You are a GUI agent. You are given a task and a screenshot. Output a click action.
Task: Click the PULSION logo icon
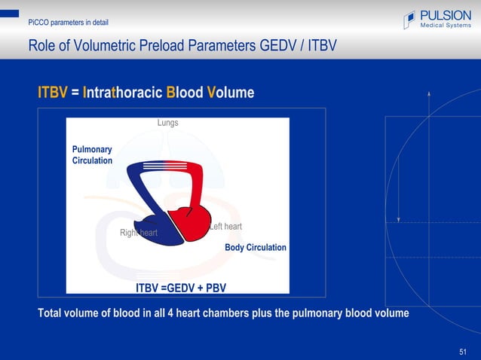(x=409, y=20)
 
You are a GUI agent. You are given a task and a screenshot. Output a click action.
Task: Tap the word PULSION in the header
(x=446, y=15)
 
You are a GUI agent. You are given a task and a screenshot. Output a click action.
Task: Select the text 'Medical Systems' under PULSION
(x=446, y=27)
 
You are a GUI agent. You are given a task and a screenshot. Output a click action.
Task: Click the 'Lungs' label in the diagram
(x=167, y=123)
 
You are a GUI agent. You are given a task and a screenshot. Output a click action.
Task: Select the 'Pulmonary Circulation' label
(x=92, y=155)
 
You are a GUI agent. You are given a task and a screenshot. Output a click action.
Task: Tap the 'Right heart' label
(x=139, y=233)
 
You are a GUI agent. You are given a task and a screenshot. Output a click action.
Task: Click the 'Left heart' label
(x=225, y=227)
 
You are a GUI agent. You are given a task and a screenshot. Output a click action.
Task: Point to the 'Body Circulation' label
(x=256, y=247)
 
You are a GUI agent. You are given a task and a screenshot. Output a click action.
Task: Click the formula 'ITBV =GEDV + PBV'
(x=181, y=288)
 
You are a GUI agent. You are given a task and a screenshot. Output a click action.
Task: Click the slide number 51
(x=463, y=352)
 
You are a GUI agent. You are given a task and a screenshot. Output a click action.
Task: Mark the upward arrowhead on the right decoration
(x=429, y=93)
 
